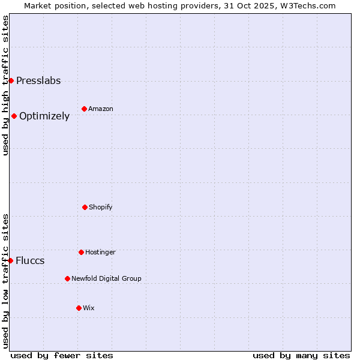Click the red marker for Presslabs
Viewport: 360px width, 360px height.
pos(11,80)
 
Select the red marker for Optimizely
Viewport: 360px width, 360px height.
pos(14,116)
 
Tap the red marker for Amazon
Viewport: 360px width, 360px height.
pos(84,109)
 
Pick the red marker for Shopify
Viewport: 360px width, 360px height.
pos(85,207)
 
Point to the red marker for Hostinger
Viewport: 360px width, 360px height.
pos(81,252)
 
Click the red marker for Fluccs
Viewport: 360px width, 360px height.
pos(10,260)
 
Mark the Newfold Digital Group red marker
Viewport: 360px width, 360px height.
pos(67,278)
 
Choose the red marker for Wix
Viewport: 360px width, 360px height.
pos(79,308)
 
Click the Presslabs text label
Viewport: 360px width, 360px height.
pos(38,81)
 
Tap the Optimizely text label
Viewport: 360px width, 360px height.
pos(44,116)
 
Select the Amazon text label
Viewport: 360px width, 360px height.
pos(101,109)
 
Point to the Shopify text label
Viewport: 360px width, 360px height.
pos(101,208)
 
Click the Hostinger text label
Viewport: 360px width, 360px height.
pos(100,253)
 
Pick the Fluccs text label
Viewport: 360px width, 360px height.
pos(30,261)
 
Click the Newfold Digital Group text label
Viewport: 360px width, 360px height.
pos(106,279)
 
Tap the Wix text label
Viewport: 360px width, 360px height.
pos(89,308)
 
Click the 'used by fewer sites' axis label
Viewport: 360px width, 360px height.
pos(62,355)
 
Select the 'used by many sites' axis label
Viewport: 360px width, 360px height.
pos(301,355)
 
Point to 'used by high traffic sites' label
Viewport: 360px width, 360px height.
pos(5,85)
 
